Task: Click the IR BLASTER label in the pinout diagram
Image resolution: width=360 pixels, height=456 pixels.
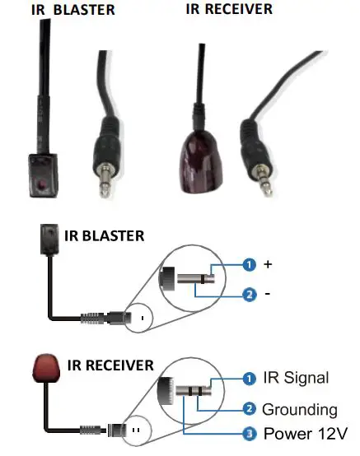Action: click(104, 236)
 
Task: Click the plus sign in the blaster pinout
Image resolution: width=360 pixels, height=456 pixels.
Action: click(266, 265)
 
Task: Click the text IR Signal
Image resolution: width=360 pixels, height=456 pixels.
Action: click(295, 378)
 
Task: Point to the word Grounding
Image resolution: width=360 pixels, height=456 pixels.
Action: click(300, 408)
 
